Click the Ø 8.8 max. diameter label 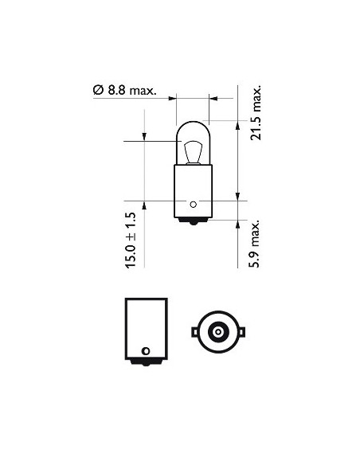(124, 91)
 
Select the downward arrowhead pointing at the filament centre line (143, 138)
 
